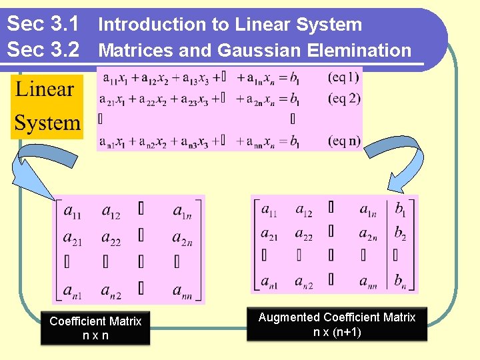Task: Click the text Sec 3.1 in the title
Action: coord(43,24)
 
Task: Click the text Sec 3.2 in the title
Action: coord(43,49)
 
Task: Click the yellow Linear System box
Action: coord(47,107)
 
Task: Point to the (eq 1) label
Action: coord(344,77)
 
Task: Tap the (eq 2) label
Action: coord(344,99)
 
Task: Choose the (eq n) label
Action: coord(344,141)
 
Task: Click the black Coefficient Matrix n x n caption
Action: coord(95,328)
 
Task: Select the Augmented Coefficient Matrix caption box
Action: coord(337,325)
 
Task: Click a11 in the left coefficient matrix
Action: coord(73,212)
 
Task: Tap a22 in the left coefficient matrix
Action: coord(111,238)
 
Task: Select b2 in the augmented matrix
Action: coord(399,233)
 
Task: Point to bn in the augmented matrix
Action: coord(399,281)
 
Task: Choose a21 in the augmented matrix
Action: coord(269,233)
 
